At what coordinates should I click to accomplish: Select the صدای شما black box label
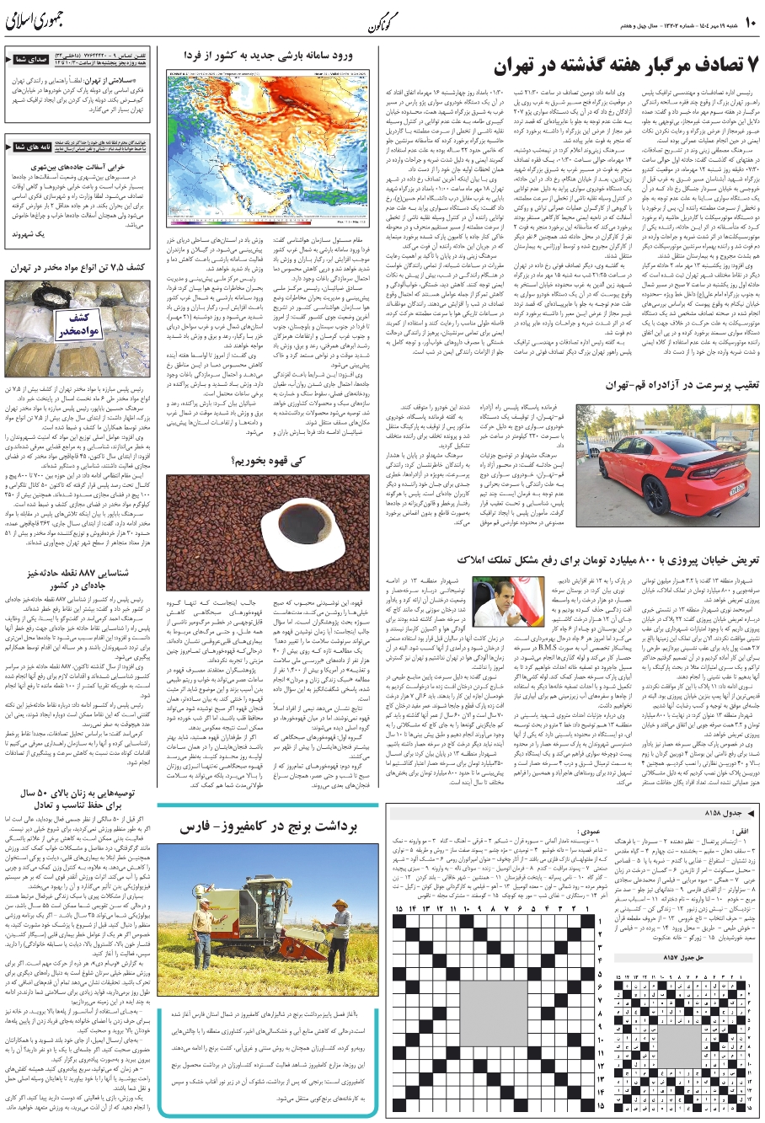(x=33, y=61)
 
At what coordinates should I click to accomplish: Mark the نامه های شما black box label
(x=33, y=147)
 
